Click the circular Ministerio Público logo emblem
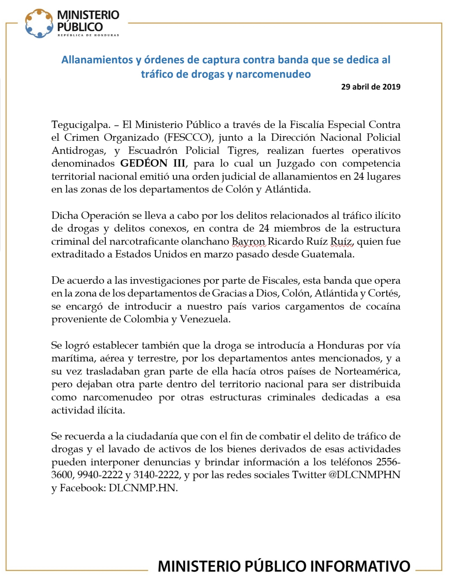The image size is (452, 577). click(x=39, y=23)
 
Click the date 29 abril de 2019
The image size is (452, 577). click(x=370, y=87)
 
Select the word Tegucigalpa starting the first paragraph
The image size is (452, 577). click(x=81, y=125)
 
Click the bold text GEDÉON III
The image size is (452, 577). click(x=153, y=163)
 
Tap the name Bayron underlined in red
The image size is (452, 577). click(x=249, y=241)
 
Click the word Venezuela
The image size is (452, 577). click(x=205, y=319)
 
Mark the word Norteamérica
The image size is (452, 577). click(x=367, y=371)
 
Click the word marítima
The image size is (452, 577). click(x=72, y=358)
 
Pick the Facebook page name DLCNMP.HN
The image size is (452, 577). click(x=143, y=488)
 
